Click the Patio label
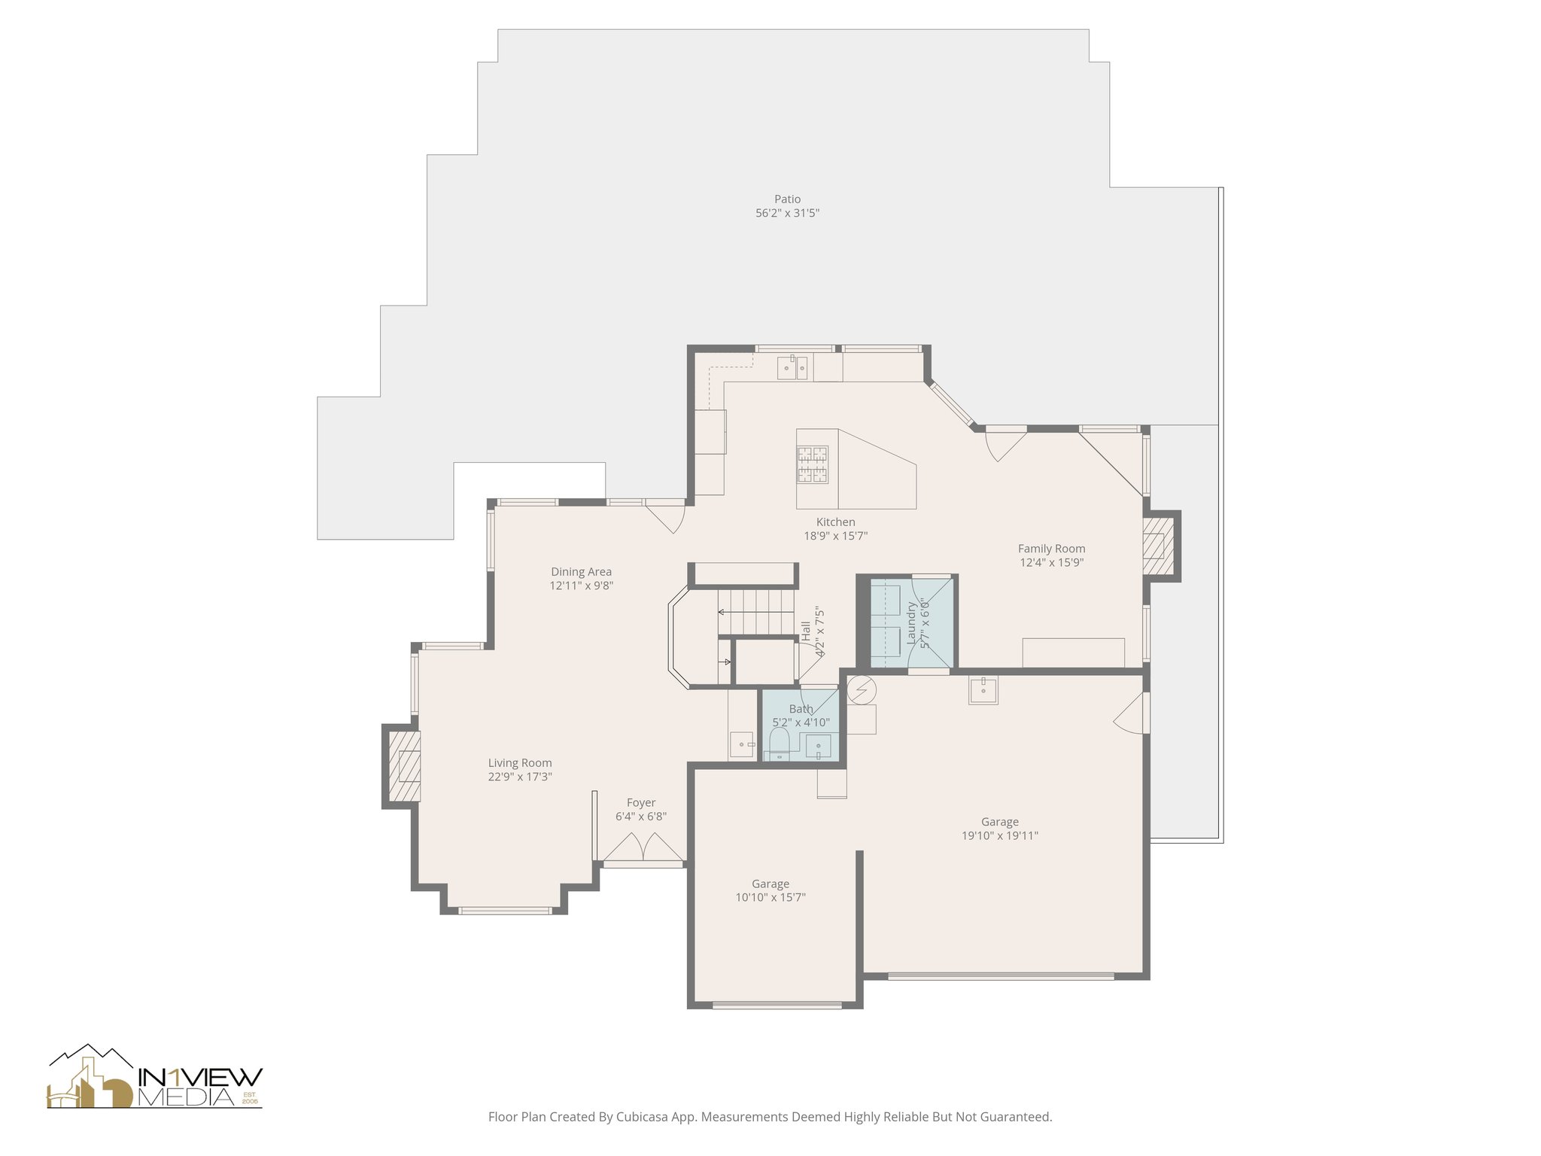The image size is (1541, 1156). tap(787, 199)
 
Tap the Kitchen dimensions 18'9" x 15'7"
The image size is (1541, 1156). tap(835, 537)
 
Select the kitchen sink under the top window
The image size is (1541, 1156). tap(793, 368)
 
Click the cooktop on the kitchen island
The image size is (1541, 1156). tap(813, 465)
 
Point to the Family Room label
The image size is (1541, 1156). tap(1051, 549)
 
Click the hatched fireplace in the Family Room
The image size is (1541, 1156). tap(1157, 546)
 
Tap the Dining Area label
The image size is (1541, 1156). tap(581, 572)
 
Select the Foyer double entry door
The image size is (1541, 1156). tap(643, 848)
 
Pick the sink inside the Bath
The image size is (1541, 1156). tap(818, 747)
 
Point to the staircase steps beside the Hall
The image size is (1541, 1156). tap(756, 612)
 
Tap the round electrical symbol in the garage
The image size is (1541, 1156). tap(862, 689)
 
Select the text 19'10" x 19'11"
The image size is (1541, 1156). tap(999, 835)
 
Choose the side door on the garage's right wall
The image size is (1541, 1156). tap(1131, 713)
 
